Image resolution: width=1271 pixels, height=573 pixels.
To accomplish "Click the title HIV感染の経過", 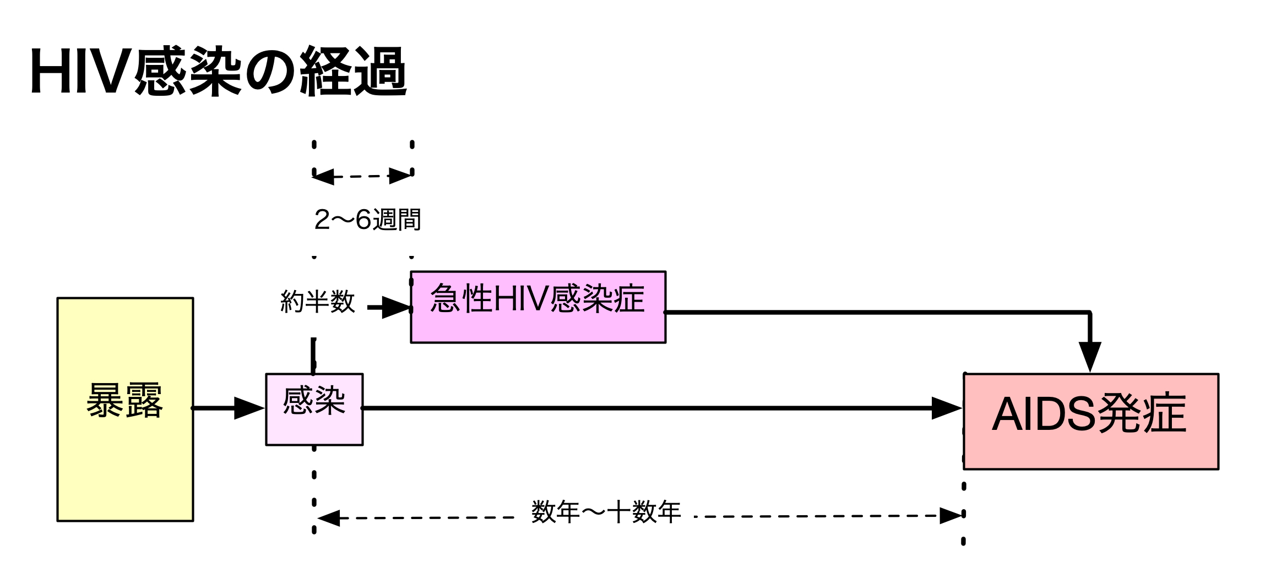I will tap(219, 72).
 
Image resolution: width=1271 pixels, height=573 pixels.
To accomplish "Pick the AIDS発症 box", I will tap(1090, 421).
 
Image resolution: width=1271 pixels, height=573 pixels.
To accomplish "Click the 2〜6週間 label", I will tap(367, 220).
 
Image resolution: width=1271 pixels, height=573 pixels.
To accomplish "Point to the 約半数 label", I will tap(317, 302).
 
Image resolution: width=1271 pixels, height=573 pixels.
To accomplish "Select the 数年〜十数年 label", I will tap(606, 512).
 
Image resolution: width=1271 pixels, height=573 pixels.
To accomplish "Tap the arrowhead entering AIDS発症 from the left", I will tap(946, 408).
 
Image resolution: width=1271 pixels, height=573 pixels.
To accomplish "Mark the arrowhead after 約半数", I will tap(396, 307).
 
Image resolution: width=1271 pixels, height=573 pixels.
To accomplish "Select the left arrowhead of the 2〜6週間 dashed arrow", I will tap(324, 177).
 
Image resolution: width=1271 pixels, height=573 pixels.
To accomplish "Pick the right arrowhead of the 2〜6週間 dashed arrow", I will tap(400, 176).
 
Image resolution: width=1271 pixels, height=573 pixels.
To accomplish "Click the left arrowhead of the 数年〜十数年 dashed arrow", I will tap(329, 518).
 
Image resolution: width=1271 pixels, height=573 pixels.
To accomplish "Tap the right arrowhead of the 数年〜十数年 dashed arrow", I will tap(950, 516).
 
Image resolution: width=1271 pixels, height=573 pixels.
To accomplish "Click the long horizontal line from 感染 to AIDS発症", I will tap(644, 408).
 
